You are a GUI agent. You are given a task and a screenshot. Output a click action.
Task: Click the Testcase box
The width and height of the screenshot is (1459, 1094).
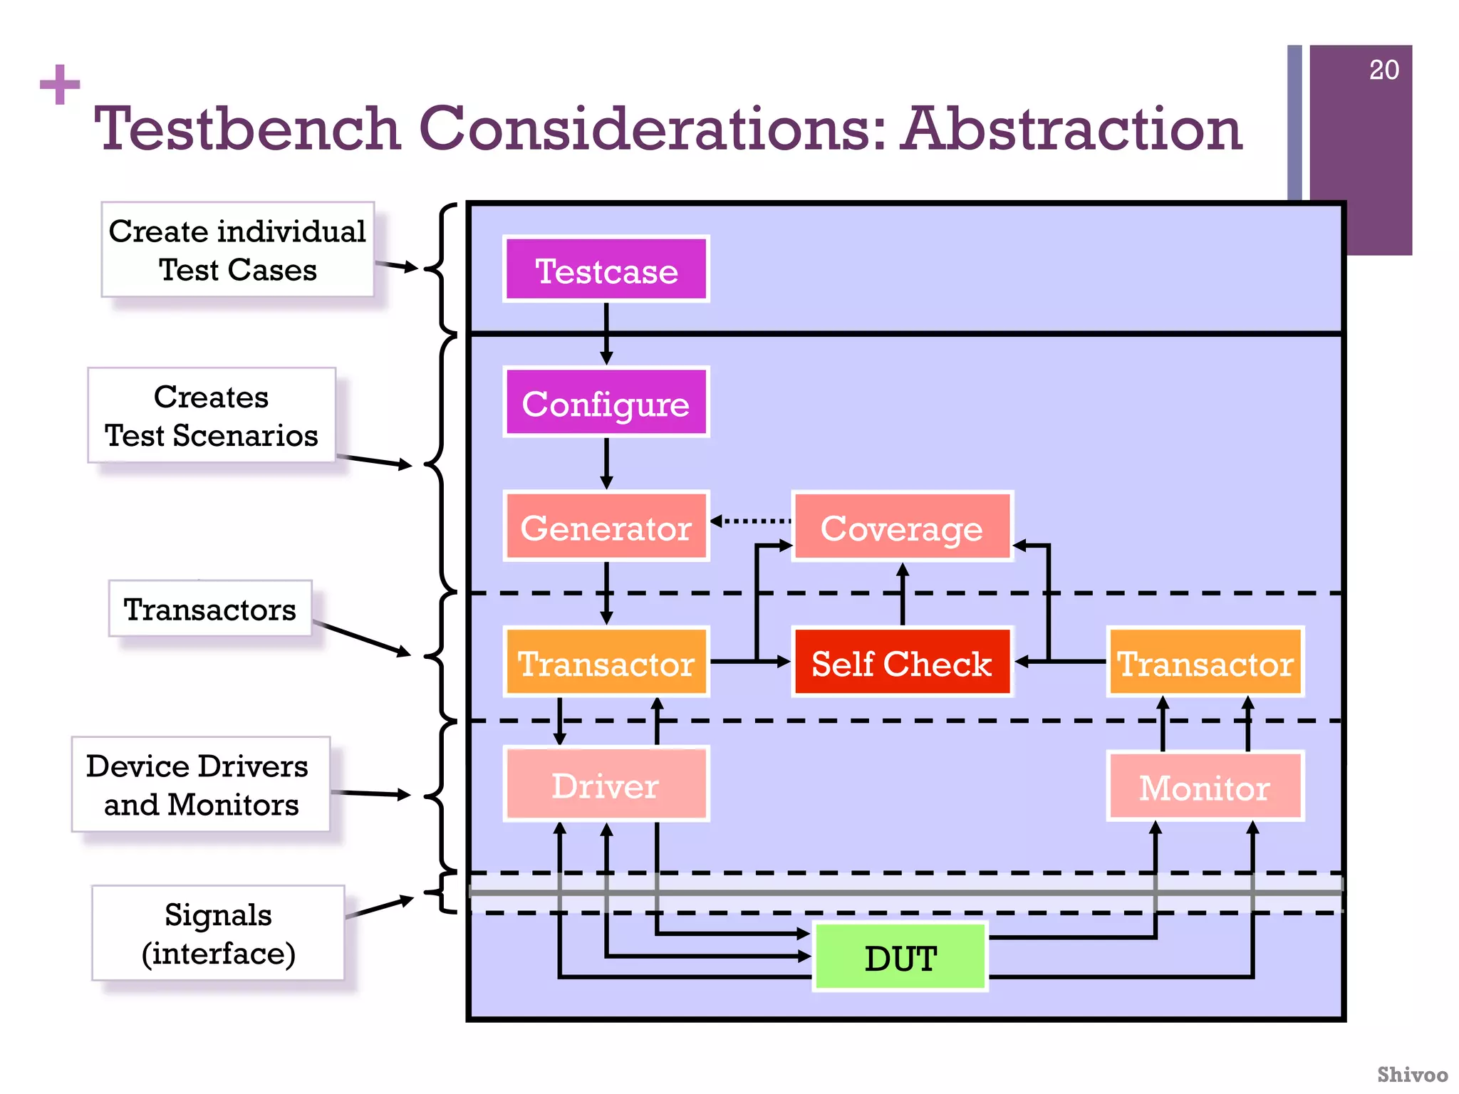click(606, 270)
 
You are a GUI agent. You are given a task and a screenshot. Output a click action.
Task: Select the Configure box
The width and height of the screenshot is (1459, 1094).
click(606, 403)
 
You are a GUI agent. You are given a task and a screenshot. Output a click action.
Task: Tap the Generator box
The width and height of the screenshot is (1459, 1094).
click(606, 527)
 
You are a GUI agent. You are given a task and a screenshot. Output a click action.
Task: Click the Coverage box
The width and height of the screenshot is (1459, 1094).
click(902, 527)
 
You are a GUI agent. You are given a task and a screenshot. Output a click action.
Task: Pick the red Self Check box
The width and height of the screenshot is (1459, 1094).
click(902, 662)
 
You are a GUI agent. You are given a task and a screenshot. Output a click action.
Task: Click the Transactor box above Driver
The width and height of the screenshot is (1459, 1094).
click(606, 662)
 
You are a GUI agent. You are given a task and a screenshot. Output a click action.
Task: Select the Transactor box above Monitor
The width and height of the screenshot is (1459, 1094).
click(1205, 662)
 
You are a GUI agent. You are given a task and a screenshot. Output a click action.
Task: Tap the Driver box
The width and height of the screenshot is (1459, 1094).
click(606, 785)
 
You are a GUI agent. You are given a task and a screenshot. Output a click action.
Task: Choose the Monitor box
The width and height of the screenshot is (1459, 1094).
click(1205, 786)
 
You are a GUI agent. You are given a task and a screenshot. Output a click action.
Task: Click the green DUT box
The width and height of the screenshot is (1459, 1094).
click(900, 957)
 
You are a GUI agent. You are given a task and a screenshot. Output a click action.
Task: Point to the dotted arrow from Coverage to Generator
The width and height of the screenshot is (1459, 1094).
click(752, 521)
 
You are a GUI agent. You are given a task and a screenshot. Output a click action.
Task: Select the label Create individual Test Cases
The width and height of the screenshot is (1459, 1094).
click(237, 250)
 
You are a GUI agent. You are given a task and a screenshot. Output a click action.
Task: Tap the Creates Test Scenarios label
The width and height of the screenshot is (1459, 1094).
click(212, 415)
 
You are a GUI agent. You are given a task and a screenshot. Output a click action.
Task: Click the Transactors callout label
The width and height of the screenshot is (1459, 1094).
click(210, 609)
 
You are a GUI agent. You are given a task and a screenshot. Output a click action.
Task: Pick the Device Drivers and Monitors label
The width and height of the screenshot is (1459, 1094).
click(200, 784)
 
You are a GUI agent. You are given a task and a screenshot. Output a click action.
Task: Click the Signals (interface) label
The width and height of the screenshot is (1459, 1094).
click(218, 933)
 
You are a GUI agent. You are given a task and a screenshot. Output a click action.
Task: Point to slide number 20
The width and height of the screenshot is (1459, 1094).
click(1383, 70)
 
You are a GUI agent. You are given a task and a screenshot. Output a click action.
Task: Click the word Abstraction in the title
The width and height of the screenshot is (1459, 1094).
click(1071, 129)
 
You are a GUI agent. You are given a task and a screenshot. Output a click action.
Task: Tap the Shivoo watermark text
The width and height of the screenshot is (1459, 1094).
click(1412, 1074)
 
